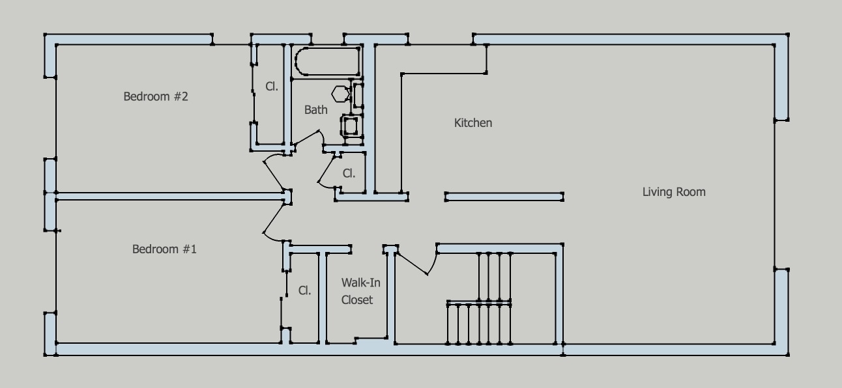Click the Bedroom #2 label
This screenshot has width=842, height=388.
[x=156, y=97]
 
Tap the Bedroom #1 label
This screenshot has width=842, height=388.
[x=164, y=249]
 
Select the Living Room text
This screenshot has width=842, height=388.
[x=674, y=192]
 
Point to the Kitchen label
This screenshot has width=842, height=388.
[x=473, y=123]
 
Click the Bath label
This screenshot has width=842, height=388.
[x=316, y=110]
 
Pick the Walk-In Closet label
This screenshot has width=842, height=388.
[x=357, y=291]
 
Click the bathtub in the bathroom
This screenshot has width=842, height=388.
[x=327, y=62]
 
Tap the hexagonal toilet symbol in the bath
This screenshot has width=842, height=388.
[x=341, y=94]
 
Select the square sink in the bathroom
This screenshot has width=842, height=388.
[x=350, y=124]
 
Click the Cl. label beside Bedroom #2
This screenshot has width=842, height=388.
[x=272, y=86]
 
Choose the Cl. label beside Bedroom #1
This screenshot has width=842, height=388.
[x=304, y=290]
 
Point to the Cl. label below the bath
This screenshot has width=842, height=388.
[x=349, y=174]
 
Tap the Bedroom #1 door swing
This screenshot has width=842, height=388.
[x=272, y=221]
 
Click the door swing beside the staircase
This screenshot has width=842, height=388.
[x=417, y=260]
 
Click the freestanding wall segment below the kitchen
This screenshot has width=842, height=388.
[x=504, y=196]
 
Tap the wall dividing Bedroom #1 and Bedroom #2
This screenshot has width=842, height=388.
[x=169, y=195]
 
